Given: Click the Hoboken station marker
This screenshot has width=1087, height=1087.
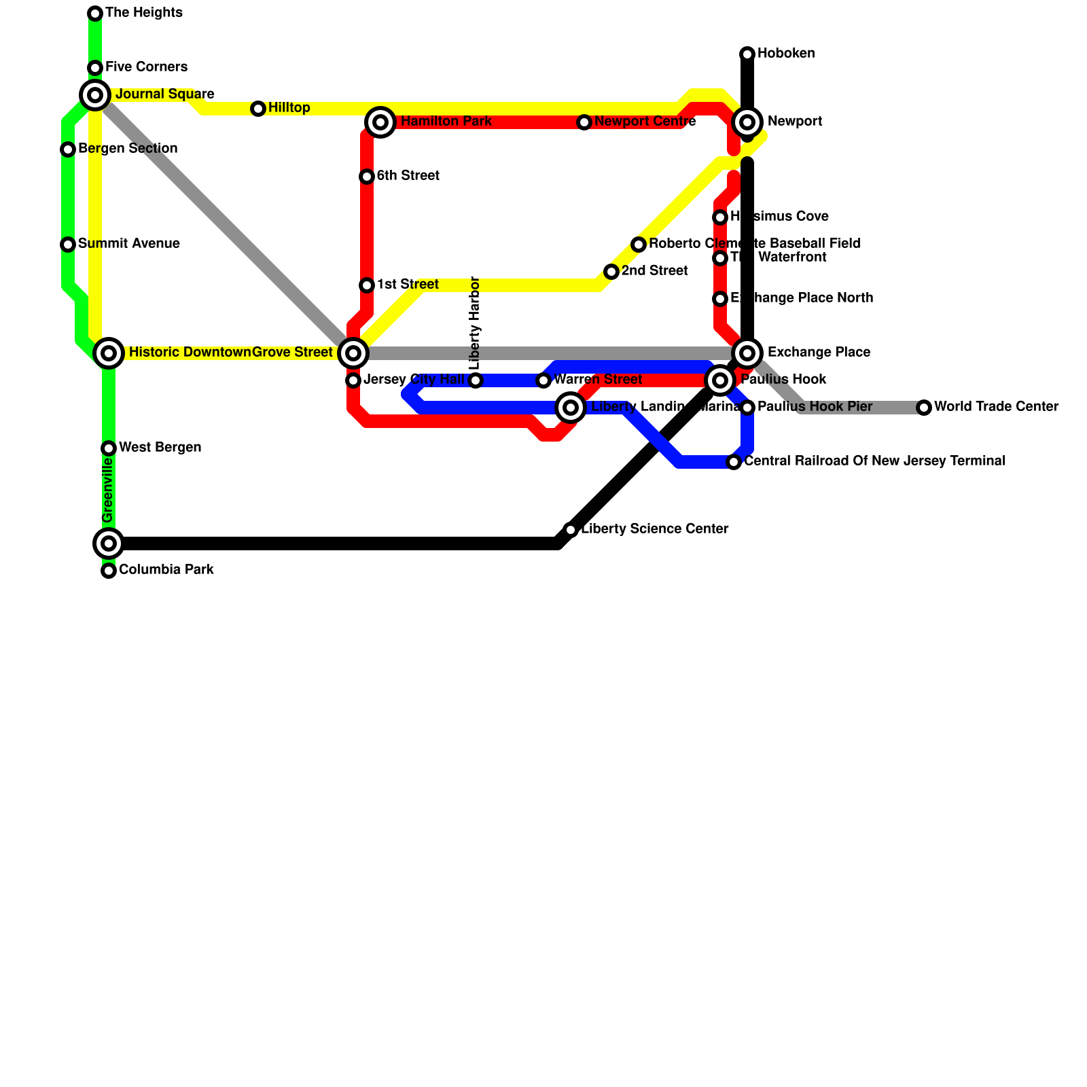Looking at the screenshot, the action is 747,54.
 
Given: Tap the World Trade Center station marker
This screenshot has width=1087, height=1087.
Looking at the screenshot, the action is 924,408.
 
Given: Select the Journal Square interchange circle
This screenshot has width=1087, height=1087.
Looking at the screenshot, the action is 95,95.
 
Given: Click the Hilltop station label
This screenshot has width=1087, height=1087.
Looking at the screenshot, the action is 289,108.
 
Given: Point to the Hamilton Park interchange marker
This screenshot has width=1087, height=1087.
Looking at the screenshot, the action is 380,122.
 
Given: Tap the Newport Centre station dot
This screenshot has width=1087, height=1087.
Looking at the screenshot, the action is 584,122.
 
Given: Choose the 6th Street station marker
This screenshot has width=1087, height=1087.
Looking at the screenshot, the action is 367,177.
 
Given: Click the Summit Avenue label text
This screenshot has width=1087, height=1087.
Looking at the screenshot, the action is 129,244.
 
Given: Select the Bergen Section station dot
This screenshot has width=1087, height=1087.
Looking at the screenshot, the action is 68,149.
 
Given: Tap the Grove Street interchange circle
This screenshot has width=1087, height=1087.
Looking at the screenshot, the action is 353,353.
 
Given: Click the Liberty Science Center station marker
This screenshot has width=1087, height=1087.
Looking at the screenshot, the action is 571,530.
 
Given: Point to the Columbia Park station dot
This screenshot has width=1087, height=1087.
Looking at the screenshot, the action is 109,571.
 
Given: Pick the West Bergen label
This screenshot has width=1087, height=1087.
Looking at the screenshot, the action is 160,448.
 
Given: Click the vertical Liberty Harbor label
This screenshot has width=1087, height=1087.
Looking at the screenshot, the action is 475,322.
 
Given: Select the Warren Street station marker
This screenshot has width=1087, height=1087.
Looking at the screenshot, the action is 543,380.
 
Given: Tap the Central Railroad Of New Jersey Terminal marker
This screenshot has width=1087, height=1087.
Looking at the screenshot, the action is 734,462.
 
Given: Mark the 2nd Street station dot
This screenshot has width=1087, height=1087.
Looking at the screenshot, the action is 611,272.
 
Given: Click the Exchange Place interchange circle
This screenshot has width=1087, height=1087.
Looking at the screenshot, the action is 747,353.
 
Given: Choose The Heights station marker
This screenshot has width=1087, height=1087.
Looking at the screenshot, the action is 95,14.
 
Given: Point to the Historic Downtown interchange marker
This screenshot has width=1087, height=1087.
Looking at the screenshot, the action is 109,353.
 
